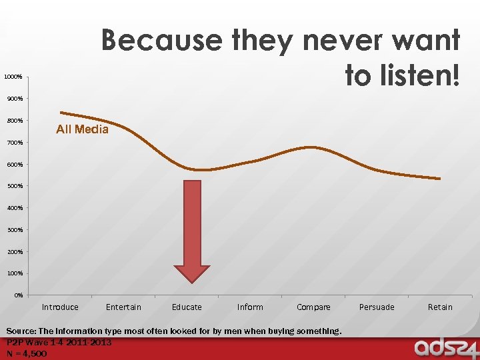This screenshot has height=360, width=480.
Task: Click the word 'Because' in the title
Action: click(x=162, y=41)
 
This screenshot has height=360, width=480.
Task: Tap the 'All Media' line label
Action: click(x=82, y=129)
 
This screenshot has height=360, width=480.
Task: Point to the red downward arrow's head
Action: click(x=192, y=274)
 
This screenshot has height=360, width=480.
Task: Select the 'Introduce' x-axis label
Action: click(x=60, y=307)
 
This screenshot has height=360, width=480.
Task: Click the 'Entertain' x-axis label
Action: click(x=123, y=307)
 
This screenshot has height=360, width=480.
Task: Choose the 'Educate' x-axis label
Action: click(x=187, y=307)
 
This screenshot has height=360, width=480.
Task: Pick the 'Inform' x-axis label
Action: click(x=250, y=307)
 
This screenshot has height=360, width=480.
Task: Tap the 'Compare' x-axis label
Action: click(x=313, y=307)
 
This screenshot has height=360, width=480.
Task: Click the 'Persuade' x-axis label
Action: click(x=377, y=307)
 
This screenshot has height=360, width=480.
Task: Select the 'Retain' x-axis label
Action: click(x=440, y=307)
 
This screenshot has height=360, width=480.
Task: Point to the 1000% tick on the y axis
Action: click(x=13, y=77)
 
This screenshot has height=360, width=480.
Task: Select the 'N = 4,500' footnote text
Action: click(x=27, y=354)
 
